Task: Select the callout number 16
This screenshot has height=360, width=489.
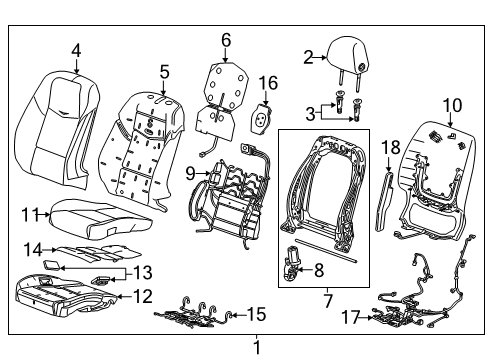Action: coord(268,82)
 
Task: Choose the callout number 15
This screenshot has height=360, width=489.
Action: coord(256,314)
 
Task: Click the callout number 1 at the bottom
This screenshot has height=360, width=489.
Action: coord(255,349)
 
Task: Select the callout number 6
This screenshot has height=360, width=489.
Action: coord(226,40)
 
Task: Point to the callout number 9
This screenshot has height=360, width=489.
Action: coord(189,174)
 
